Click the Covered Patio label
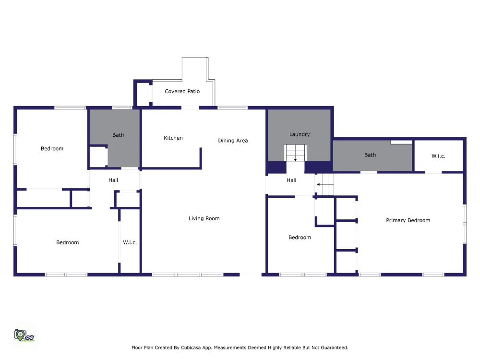(182, 91)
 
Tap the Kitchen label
(173, 138)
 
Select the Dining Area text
(233, 141)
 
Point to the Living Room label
(204, 218)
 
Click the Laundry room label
(300, 134)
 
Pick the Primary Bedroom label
(408, 220)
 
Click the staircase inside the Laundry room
(295, 153)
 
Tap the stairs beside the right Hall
(325, 184)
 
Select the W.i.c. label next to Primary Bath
(438, 156)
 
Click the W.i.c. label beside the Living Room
(130, 242)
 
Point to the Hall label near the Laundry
(291, 180)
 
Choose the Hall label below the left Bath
(113, 180)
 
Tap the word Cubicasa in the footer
(192, 348)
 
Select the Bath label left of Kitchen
(118, 135)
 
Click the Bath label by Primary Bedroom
(370, 155)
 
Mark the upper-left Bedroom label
(52, 148)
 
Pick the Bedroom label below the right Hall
(300, 237)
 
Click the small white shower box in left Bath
(98, 157)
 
